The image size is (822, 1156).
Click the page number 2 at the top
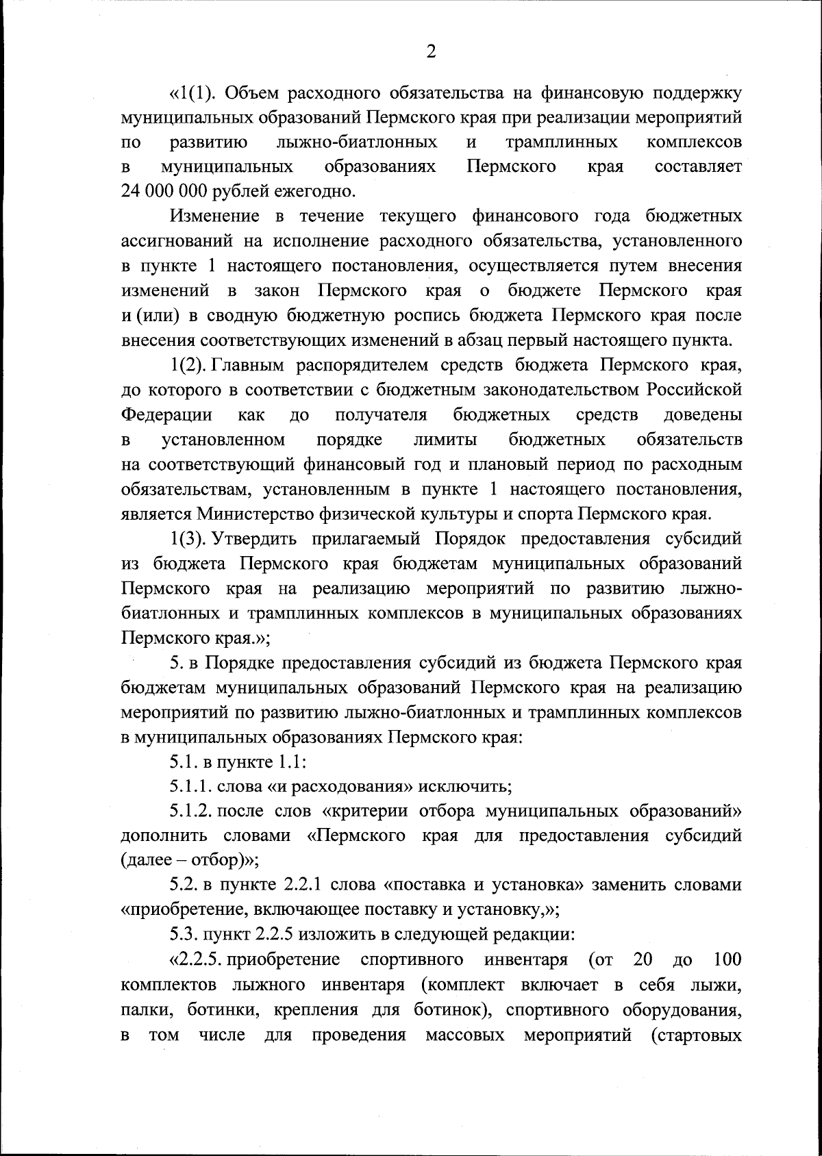431,51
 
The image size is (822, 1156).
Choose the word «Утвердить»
255,538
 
